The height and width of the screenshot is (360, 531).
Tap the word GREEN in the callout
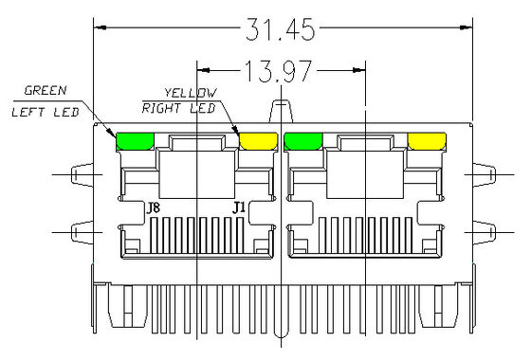45,92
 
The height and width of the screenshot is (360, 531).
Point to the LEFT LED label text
45,111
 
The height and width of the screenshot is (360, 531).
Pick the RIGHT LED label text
180,108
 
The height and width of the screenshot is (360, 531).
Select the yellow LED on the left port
257,142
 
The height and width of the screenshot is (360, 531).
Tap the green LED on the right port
303,142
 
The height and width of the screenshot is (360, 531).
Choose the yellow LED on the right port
426,142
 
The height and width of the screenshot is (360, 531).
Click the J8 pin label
151,207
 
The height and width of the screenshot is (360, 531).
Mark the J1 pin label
241,207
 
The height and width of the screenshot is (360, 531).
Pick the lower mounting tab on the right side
482,232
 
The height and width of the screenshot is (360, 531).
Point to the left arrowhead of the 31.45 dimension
98,29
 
